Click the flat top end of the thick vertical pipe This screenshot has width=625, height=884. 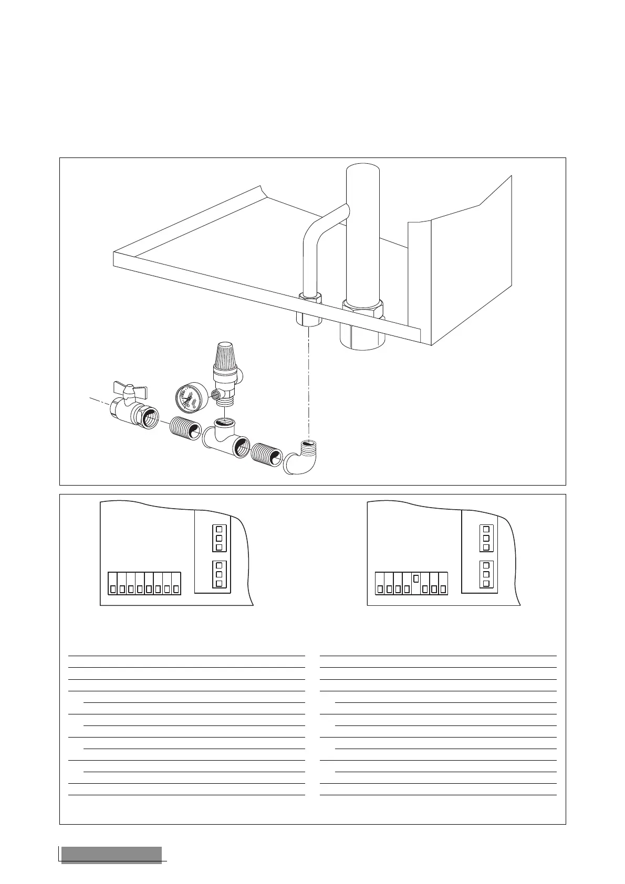tap(363, 168)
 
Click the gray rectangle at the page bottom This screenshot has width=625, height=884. tap(111, 855)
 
